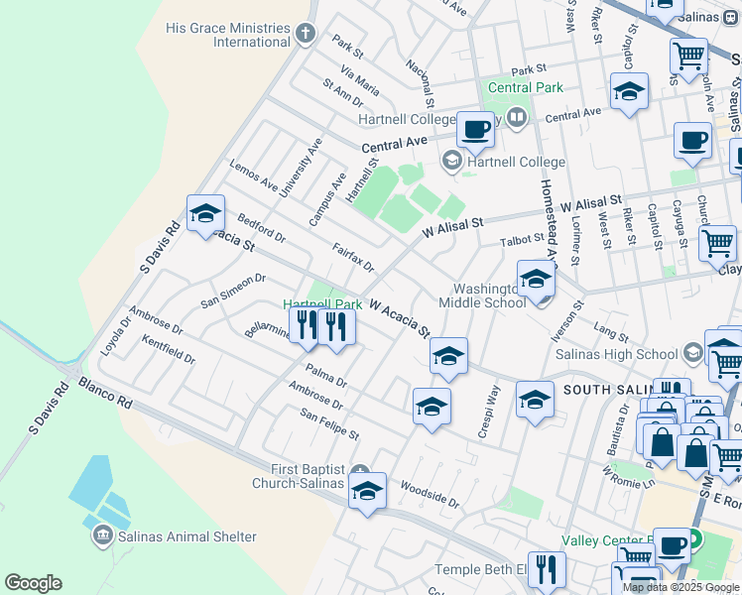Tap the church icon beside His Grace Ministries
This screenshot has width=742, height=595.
pos(306,34)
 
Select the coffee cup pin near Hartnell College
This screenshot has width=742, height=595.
pos(475,130)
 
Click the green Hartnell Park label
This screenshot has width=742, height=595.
pos(322,303)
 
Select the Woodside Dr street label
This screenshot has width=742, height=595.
pos(430,494)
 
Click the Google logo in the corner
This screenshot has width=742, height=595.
pos(33,583)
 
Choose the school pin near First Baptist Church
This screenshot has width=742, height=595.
pos(367,491)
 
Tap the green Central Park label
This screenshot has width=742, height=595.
pos(525,87)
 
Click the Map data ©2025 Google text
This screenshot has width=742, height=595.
pos(681,587)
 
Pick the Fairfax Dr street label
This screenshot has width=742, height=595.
pos(353,259)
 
